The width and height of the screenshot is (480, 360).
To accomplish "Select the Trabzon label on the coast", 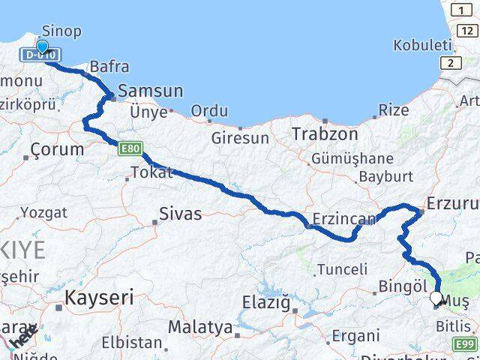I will [x=325, y=134].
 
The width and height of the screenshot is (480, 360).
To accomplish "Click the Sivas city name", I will [x=180, y=214].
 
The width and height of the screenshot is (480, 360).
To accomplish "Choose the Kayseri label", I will [x=99, y=298].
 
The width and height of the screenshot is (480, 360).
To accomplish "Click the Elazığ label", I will [x=265, y=303].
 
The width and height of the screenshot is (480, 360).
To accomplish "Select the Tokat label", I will [x=151, y=172].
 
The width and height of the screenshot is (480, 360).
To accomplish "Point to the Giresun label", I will [x=240, y=138].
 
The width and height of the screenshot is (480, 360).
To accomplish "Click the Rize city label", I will [x=394, y=110].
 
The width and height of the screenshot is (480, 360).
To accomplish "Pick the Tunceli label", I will [x=343, y=268].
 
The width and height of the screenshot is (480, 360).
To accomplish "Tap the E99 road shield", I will [x=466, y=343].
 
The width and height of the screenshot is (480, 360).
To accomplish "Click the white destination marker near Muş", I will [x=436, y=298].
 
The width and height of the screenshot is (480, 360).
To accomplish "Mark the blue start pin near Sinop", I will [x=42, y=47].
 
